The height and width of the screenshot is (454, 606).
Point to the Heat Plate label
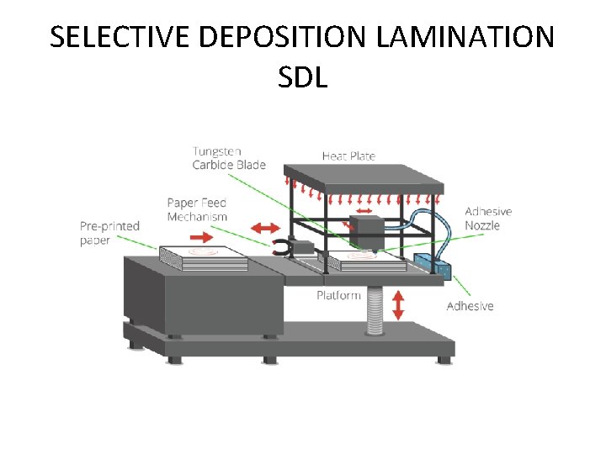click(x=348, y=156)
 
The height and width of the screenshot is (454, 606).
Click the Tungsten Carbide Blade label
click(x=229, y=158)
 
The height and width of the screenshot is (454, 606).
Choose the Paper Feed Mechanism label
click(x=197, y=209)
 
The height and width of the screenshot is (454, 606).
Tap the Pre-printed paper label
click(x=109, y=233)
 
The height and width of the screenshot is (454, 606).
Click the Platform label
click(x=338, y=295)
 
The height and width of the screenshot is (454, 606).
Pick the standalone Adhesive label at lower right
click(x=470, y=306)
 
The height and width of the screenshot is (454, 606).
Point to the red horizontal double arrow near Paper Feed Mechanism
click(x=267, y=227)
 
